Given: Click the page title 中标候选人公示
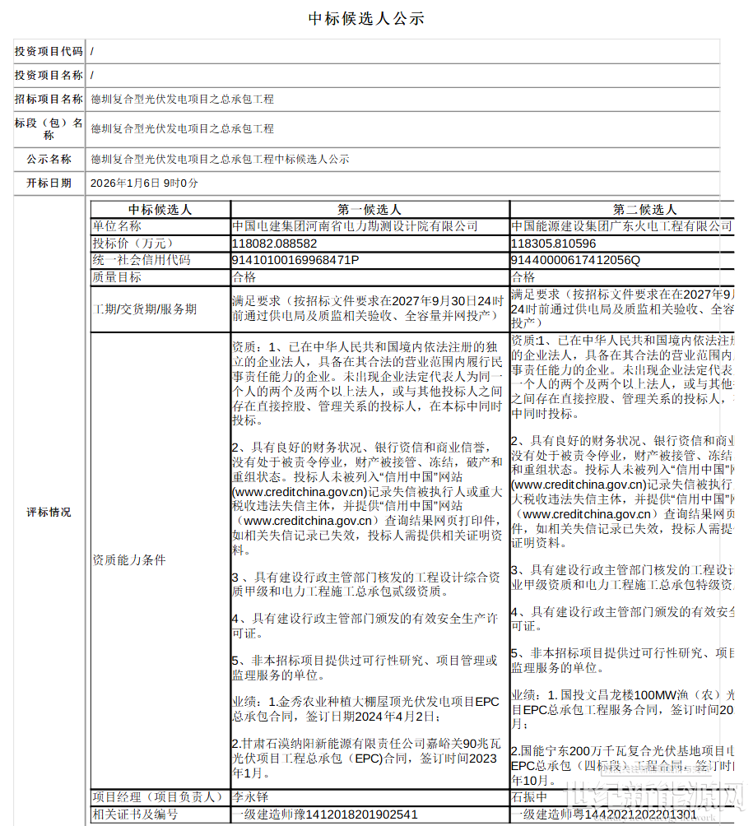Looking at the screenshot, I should coord(366,18).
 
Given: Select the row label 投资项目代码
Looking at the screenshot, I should coord(49,51).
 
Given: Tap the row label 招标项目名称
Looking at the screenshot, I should coord(49,99).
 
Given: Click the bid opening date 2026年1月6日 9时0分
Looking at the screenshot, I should coord(144,183).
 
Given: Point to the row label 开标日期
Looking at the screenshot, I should coord(49,183).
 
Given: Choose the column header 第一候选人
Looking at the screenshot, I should coord(370,210).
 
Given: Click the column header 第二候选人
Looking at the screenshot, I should coord(644,210).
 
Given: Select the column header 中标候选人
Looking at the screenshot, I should coord(160,210).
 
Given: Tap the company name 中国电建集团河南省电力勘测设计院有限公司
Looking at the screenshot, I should coord(355,225).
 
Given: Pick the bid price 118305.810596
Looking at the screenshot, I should coord(553,244).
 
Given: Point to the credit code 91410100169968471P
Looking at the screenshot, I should coord(295,260).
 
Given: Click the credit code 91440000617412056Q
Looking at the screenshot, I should coord(575,260).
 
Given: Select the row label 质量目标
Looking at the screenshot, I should coord(117,277).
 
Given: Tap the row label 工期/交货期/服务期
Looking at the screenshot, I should coord(144,309).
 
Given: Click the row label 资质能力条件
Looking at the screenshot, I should coord(129,560).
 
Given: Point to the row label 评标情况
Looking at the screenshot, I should coord(49,512).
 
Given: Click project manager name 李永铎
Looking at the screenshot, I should coord(250,797).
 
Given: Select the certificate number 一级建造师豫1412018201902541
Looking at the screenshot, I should coord(325,814).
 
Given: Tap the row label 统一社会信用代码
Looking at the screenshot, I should coord(142,260).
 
